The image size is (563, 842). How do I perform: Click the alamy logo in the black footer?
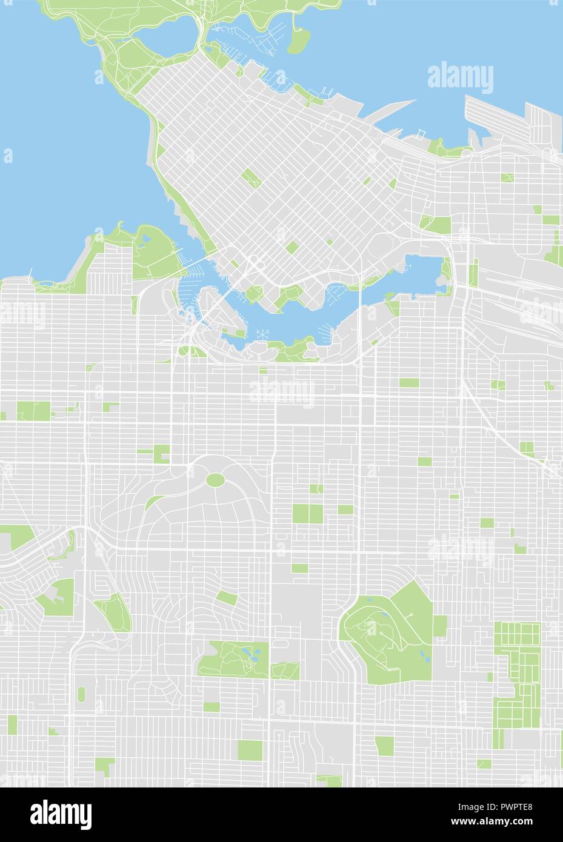click(61, 812)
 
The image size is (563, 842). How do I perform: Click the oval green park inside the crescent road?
click(215, 480)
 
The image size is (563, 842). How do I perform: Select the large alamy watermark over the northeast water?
click(461, 78)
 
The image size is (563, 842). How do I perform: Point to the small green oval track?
click(81, 693)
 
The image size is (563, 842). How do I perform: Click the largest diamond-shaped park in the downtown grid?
click(250, 179)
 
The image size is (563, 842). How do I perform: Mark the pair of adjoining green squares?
click(308, 514)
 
